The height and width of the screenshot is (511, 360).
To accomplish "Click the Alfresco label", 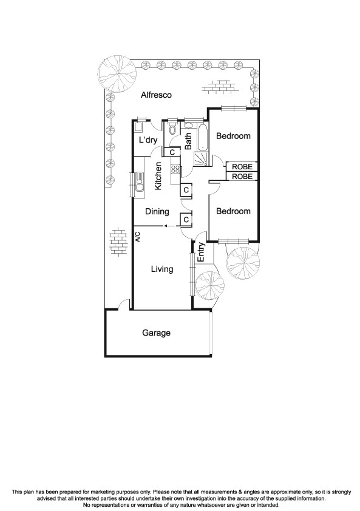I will pos(157,95).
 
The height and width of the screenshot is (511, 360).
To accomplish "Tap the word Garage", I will pos(156,333).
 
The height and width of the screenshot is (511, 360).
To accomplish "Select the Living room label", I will pos(162,269).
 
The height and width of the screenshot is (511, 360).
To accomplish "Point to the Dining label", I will pos(157,212).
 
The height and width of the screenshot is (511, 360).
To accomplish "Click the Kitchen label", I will pos(158,176).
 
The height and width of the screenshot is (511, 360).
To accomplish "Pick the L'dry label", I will pos(148,140).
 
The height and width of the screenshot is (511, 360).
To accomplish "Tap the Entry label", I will pos(200,252).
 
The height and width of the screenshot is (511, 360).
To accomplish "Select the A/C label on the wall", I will pos(138,237).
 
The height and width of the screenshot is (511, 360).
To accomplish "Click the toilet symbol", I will pos(172,129).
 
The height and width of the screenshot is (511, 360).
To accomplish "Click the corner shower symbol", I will pos(201,158).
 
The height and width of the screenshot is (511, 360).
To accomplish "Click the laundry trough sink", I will pos(138,127).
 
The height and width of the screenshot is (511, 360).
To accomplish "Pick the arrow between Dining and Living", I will pos(165,226).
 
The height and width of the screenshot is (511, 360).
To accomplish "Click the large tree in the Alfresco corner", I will pos(118,73).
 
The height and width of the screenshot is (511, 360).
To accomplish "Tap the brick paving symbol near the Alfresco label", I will pos(219,87).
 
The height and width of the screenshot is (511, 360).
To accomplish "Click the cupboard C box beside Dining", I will pos(186,219).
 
